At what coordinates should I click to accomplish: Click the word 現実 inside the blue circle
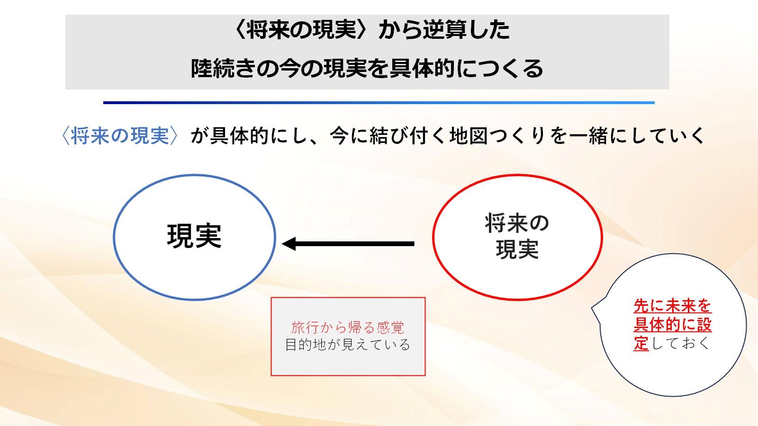194,236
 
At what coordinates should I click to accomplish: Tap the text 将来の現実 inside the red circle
517,236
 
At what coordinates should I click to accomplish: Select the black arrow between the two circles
348,243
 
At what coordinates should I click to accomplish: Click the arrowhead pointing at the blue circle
289,243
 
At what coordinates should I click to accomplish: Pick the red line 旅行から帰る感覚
348,327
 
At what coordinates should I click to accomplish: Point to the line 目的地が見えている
348,345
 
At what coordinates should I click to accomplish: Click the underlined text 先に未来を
672,306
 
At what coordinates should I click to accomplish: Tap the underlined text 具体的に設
672,325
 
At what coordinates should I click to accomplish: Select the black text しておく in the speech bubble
679,343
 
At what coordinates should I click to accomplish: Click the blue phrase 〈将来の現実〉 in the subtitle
120,136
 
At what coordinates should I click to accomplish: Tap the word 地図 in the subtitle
469,136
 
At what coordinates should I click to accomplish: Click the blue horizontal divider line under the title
379,102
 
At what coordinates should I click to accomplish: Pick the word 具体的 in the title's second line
421,69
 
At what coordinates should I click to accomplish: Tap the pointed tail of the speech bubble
592,308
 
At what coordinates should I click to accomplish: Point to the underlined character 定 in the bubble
641,343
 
